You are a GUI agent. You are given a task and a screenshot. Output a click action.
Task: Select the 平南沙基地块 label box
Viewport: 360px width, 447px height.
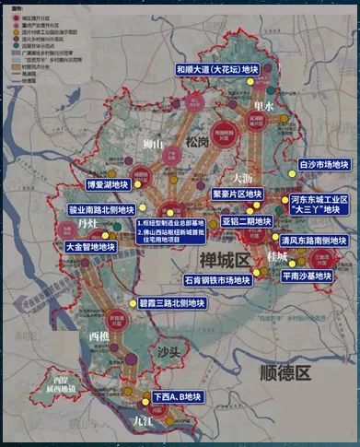311,274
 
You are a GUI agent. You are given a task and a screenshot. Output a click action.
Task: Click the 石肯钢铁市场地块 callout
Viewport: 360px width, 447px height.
215,279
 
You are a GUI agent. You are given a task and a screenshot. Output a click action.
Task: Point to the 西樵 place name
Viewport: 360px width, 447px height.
100,336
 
